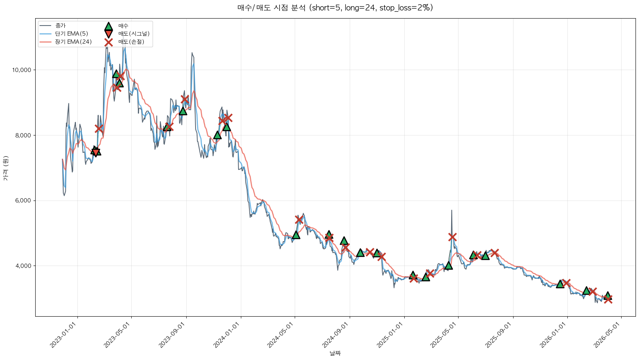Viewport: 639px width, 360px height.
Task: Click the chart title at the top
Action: [x=335, y=8]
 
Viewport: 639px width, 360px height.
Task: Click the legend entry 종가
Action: [x=60, y=26]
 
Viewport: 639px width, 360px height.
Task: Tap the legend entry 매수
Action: [x=123, y=26]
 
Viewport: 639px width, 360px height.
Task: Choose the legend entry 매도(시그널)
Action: [x=134, y=34]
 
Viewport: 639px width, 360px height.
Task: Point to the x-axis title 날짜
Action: [x=335, y=353]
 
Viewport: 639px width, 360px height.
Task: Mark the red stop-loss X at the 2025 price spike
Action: [x=452, y=237]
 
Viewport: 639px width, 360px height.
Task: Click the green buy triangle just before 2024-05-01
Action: [x=296, y=235]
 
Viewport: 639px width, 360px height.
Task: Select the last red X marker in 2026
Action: [x=608, y=299]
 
